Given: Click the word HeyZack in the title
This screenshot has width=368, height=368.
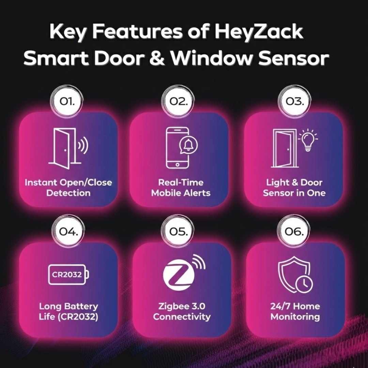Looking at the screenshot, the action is pos(258,32).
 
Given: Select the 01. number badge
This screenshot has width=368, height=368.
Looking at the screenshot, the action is pos(67,102).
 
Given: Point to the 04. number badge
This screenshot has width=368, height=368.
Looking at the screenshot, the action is pos(68,231).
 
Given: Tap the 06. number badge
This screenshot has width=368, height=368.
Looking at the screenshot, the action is pos(294,231).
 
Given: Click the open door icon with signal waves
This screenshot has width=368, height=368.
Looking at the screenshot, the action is pos(68,148).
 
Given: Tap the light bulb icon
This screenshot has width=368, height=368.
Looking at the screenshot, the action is pos(308,140).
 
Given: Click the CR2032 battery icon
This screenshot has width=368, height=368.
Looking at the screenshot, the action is pos(68,274).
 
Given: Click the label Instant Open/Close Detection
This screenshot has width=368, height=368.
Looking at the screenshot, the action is pos(68,188).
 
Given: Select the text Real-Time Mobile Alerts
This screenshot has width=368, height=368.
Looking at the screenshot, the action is pos(181,188).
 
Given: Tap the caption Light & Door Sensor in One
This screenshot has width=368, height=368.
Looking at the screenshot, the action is pos(294,188).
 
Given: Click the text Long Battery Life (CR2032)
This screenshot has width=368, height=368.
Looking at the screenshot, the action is pos(68,311).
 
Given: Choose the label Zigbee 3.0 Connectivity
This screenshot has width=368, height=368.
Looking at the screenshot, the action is pos(182,311).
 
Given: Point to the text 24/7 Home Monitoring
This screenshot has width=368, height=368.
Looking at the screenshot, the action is pos(295,311).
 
